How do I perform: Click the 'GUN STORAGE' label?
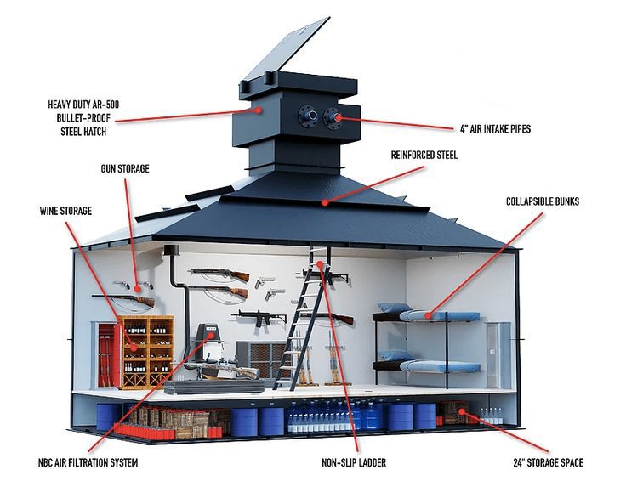coord(125,169)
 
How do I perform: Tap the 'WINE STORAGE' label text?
coord(65,211)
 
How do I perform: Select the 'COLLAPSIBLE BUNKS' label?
coord(543,201)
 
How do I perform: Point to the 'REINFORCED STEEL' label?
coord(424,155)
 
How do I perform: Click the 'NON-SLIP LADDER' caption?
coord(354,462)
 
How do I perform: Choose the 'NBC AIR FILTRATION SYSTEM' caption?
coord(88,462)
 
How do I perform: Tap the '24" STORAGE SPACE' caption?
coord(548,462)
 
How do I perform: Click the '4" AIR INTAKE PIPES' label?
coord(496,129)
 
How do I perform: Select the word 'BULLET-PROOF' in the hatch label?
coord(83,118)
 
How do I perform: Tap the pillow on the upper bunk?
coord(392,308)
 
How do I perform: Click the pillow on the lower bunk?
coord(392,355)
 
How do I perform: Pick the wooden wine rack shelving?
coord(147,352)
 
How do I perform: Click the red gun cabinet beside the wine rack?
coord(107,355)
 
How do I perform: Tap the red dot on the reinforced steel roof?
coord(326,202)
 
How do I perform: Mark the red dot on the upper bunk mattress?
coord(428,316)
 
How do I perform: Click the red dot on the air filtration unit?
coord(210,334)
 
